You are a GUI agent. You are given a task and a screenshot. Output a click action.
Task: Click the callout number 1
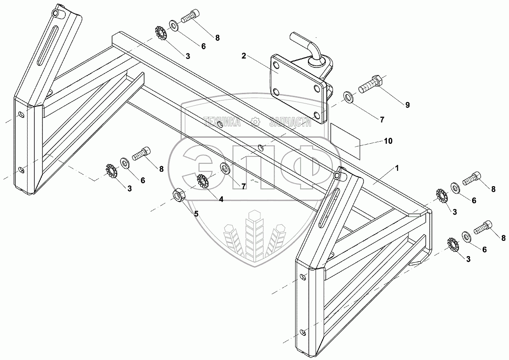point(397,168)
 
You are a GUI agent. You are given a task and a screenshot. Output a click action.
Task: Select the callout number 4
point(221,198)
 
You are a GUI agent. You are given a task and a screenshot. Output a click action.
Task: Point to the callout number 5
point(196,214)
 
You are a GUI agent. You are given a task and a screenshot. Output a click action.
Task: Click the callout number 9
point(407,105)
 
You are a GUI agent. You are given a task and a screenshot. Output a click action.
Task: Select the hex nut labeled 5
point(178,195)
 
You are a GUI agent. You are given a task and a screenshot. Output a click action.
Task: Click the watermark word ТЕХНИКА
point(222,123)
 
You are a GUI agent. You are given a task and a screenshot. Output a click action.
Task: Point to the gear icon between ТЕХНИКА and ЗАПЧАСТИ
point(255,123)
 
